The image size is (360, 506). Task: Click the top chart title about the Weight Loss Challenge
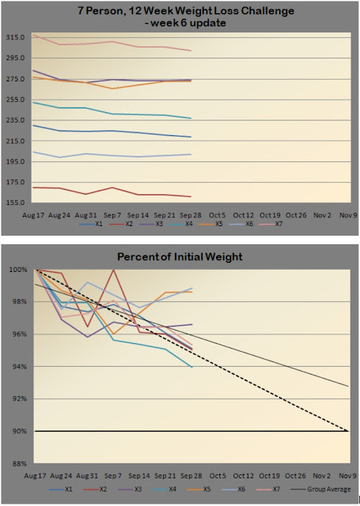click(x=186, y=17)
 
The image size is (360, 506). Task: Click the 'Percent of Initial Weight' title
click(x=180, y=257)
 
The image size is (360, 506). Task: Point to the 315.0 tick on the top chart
click(x=16, y=37)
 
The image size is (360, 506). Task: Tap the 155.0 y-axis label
click(x=16, y=203)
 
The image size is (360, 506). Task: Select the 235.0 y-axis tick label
click(x=16, y=120)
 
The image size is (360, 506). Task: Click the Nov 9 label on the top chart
click(x=348, y=215)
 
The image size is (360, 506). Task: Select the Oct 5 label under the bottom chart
click(x=218, y=476)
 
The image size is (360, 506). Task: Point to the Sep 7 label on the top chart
click(x=112, y=215)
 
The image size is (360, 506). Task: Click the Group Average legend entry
click(x=320, y=489)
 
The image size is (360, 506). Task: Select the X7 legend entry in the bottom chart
click(x=268, y=489)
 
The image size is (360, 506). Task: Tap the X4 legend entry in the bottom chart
click(x=165, y=489)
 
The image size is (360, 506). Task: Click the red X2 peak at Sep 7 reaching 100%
click(x=113, y=270)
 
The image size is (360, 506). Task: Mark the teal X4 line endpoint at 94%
click(x=192, y=367)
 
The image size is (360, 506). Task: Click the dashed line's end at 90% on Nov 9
click(x=348, y=431)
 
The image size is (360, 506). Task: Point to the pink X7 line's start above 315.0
click(x=33, y=35)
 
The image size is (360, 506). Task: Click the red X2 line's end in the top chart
click(x=191, y=197)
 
